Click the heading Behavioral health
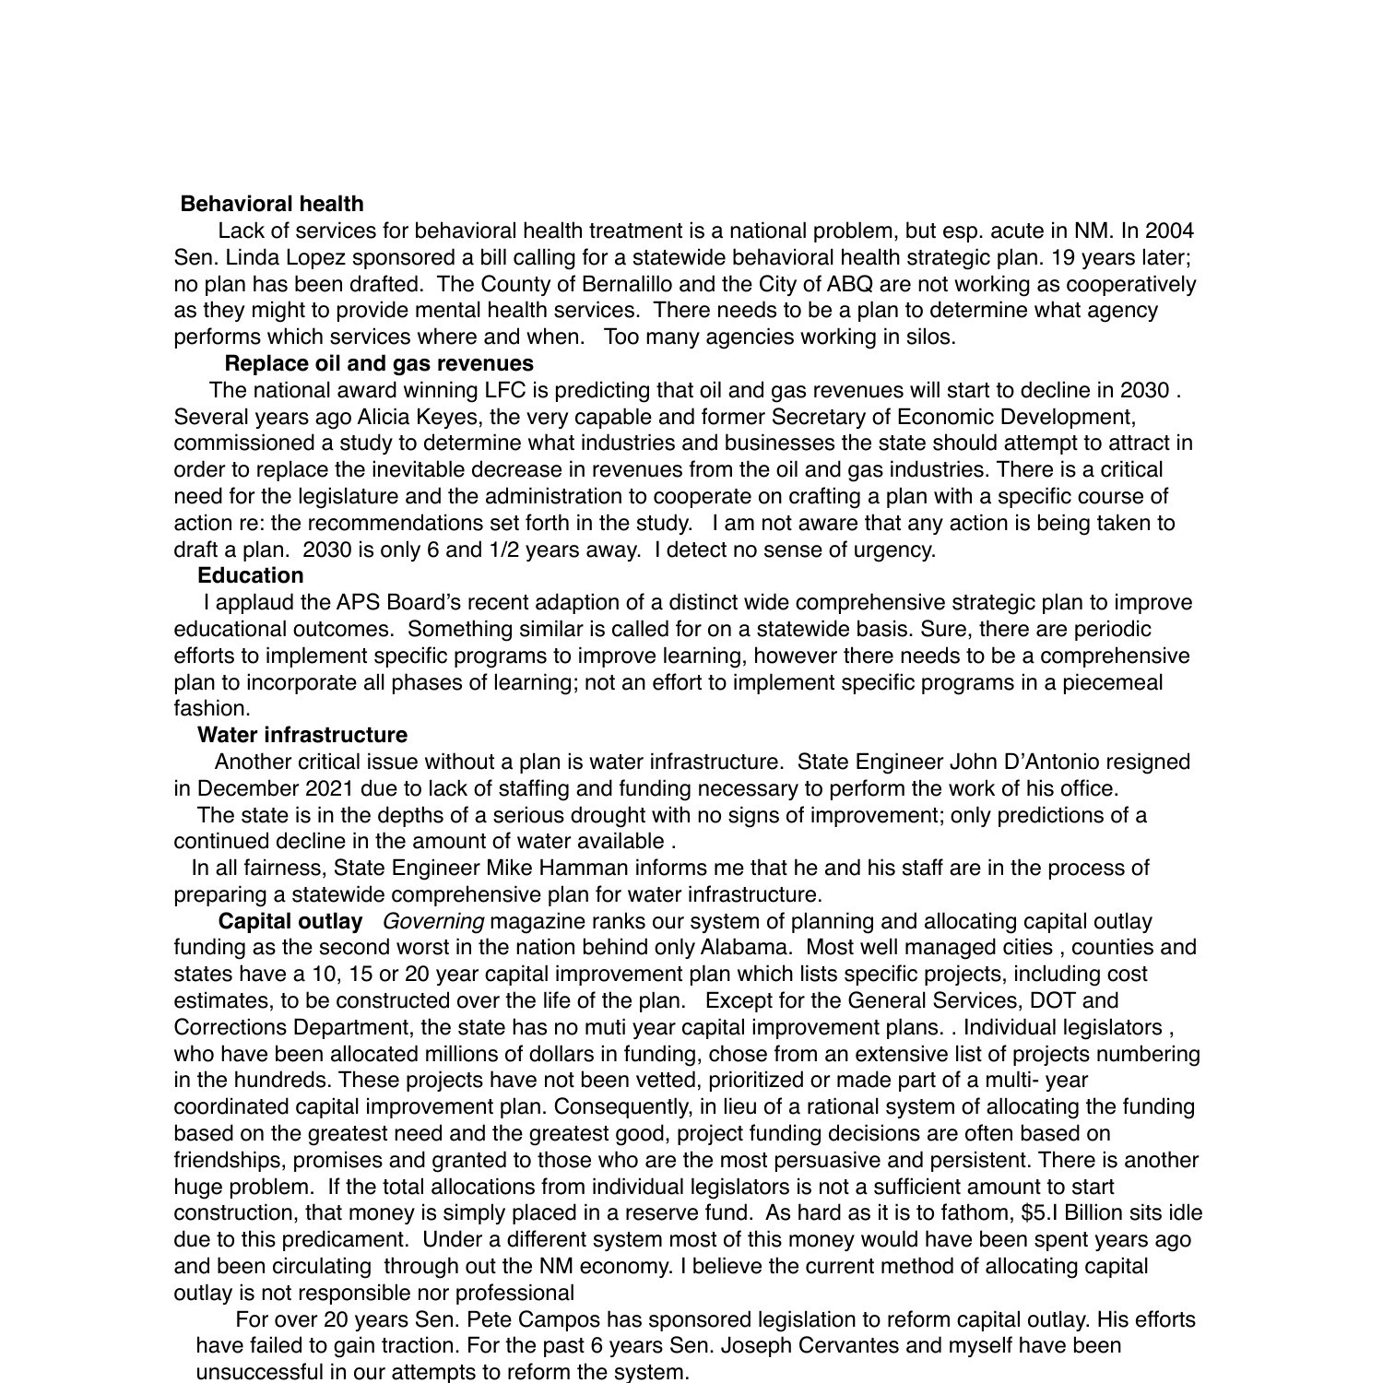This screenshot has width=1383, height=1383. point(272,204)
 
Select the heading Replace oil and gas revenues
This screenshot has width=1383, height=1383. point(379,363)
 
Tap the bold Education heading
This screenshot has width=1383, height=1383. point(250,575)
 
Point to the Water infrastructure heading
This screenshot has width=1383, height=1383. point(301,735)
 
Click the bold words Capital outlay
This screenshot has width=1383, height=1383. point(290,921)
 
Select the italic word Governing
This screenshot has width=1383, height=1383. point(432,921)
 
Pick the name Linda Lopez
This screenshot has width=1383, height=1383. point(267,257)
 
